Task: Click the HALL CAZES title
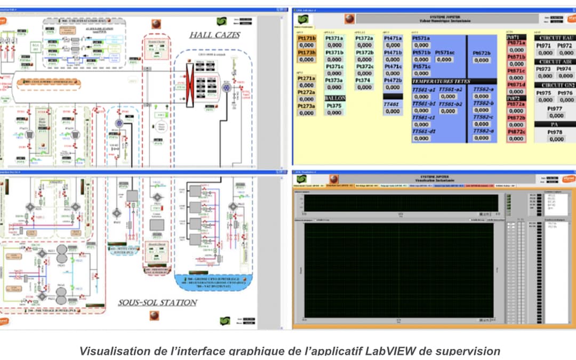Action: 214,35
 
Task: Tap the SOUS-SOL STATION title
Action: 157,302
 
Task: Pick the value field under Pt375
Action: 335,113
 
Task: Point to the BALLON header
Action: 335,99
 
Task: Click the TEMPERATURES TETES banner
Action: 438,81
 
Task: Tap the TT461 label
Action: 392,105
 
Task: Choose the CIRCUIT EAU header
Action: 556,38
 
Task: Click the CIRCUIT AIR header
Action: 556,62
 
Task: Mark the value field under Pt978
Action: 556,139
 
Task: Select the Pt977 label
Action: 556,108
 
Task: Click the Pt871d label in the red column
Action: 516,85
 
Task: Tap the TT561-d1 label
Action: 424,131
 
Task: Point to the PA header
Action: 556,124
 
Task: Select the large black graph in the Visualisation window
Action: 398,269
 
